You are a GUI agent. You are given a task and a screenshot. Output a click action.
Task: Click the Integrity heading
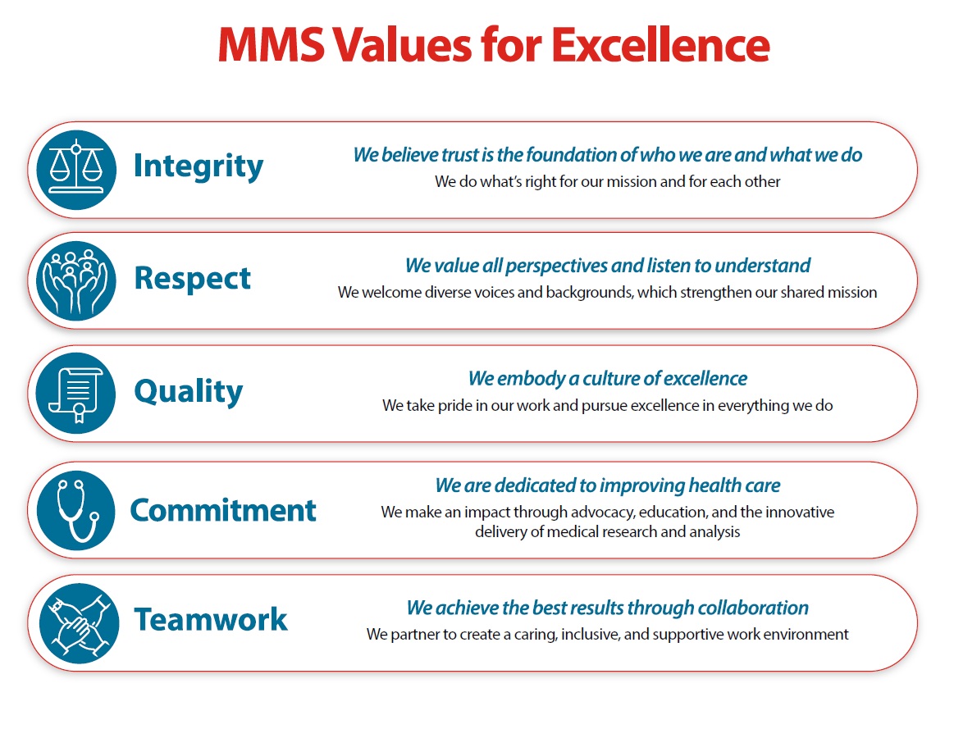(199, 166)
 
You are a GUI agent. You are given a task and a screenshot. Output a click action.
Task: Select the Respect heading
(193, 279)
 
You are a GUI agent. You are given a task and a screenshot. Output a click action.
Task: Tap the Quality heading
(189, 392)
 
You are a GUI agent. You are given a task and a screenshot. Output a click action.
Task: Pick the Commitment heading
(223, 510)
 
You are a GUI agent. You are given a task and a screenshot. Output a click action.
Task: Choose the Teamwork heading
(211, 619)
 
